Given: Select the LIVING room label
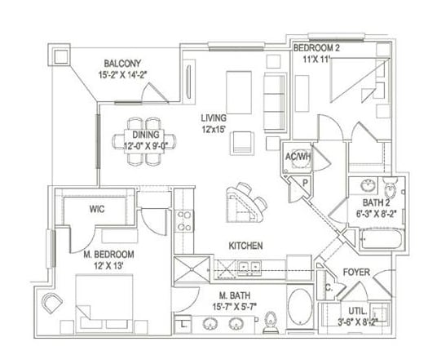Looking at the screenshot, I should click(x=214, y=118).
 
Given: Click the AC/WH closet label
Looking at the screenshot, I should click(x=295, y=158).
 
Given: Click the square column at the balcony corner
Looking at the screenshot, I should click(x=60, y=57).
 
